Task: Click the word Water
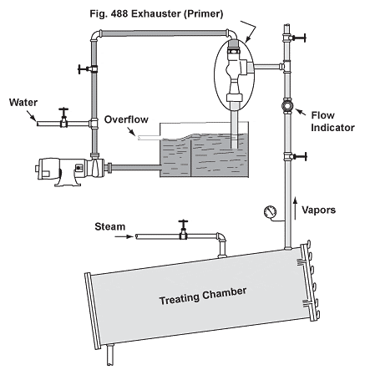[x=23, y=103]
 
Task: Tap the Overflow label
[x=126, y=119]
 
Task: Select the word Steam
[x=110, y=226]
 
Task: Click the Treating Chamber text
[x=203, y=296]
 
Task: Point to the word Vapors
[x=319, y=210]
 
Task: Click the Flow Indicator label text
[x=332, y=121]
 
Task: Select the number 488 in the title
[x=119, y=13]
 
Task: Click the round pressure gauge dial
[x=270, y=212]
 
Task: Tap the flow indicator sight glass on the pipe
[x=287, y=106]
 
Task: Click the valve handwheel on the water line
[x=64, y=109]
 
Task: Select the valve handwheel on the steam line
[x=183, y=222]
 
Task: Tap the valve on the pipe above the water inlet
[x=87, y=68]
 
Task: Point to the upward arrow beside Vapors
[x=296, y=208]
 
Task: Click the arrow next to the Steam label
[x=124, y=236]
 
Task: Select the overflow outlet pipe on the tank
[x=150, y=137]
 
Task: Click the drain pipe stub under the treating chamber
[x=110, y=354]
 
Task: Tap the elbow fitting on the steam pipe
[x=221, y=237]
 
